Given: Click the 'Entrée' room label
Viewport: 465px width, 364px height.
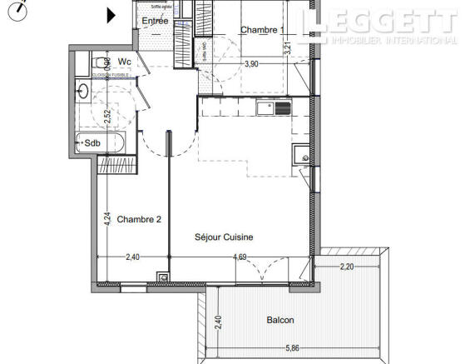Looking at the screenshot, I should (154, 21).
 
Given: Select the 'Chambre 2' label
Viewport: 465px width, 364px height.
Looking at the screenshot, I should (138, 220).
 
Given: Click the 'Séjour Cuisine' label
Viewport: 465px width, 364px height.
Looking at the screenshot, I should (223, 237).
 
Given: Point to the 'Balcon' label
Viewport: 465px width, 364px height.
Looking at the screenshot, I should (257, 320).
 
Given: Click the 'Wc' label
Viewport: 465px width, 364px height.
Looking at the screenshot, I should (124, 62).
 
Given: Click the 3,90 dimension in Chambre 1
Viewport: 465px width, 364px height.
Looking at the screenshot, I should (251, 64).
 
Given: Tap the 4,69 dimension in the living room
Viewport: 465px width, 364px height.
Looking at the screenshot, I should (240, 257).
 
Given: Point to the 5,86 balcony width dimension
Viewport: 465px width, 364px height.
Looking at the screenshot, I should (289, 348).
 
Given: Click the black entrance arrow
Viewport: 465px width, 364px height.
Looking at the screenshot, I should (111, 14).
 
